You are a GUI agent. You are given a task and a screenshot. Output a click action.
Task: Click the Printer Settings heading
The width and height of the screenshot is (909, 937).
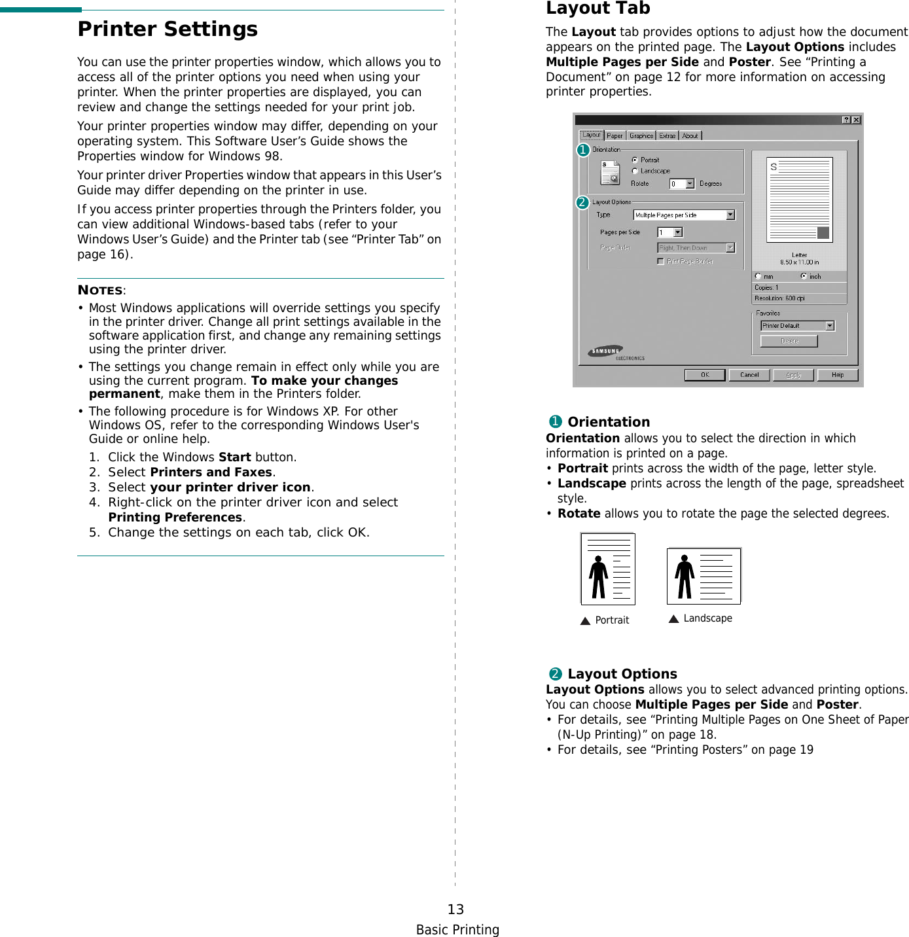(168, 29)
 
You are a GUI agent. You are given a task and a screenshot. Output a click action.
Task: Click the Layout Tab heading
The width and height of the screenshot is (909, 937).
(597, 9)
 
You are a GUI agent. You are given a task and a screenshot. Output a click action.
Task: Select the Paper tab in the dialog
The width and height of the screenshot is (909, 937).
(615, 136)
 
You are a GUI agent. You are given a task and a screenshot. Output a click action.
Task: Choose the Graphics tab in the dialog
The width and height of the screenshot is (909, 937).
(641, 136)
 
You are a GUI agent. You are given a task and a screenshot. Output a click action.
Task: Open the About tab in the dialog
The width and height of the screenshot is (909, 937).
(690, 136)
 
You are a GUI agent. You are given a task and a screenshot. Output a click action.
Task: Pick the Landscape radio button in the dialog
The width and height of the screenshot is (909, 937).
(635, 171)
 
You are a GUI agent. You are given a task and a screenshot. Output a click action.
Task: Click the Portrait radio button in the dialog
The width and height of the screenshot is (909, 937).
(635, 160)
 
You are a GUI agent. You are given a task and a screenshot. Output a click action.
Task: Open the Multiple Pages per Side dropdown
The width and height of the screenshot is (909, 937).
(730, 215)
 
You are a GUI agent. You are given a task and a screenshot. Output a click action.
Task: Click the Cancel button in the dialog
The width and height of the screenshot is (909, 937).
(749, 375)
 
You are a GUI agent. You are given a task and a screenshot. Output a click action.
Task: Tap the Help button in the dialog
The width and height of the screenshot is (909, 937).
(837, 375)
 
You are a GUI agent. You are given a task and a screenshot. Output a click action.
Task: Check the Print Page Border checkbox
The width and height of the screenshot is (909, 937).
(660, 261)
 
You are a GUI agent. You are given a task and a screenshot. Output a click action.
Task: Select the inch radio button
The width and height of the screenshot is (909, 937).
(804, 276)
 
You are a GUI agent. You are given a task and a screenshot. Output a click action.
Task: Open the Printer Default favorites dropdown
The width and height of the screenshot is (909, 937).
(830, 326)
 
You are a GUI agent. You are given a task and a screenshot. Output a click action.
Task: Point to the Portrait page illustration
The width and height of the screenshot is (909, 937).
(608, 569)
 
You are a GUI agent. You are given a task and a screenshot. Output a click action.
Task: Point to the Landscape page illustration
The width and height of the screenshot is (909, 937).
(704, 576)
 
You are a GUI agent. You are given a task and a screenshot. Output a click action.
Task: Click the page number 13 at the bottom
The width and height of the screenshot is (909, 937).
(455, 909)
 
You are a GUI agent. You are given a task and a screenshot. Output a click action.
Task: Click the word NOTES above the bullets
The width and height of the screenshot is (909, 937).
(100, 291)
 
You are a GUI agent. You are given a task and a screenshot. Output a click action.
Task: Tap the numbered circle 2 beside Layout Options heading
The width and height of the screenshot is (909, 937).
(556, 674)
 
